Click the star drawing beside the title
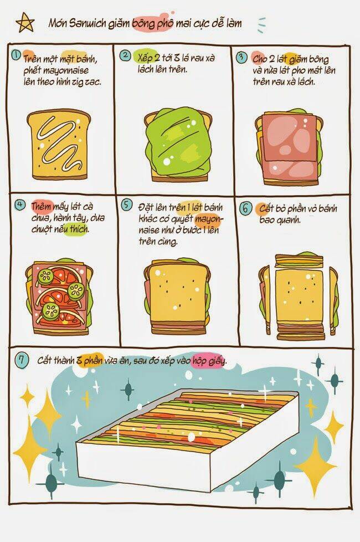point(25,23)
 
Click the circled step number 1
point(16,55)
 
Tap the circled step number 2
point(125,55)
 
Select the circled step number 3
point(241,57)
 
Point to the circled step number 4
point(20,204)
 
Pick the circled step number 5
point(126,204)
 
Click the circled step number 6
point(245,208)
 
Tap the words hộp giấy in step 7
point(209,360)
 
